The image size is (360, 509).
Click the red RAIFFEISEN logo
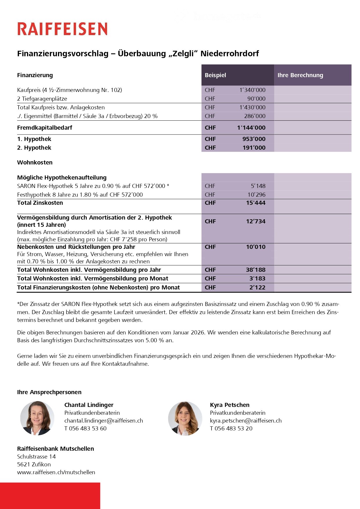coord(62,29)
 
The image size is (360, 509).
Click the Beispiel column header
coord(215,75)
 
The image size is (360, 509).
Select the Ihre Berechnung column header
coord(300,75)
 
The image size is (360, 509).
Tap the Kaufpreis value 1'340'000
coord(252,90)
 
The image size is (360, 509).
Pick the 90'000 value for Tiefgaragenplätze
coord(256,99)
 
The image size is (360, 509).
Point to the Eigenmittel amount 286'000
coord(255,116)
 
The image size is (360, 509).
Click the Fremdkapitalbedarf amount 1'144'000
coord(251,128)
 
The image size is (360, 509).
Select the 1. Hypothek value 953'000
coord(254,139)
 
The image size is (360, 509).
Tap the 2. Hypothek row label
coord(34,148)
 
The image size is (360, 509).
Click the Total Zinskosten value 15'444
coord(256,203)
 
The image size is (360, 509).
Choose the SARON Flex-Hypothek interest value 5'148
coord(258,186)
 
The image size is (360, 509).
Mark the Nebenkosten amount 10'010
coord(256,247)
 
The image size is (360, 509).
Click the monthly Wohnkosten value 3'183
coord(257,278)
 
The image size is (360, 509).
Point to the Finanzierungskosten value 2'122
coord(257,287)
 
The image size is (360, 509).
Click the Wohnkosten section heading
coord(35,162)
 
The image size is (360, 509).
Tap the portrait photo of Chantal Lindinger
coord(37,418)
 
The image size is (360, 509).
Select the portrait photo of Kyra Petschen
coord(185,418)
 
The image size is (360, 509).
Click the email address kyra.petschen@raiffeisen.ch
coord(246,421)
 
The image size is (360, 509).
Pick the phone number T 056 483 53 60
coord(85,428)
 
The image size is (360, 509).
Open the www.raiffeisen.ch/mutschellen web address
coord(56,472)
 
